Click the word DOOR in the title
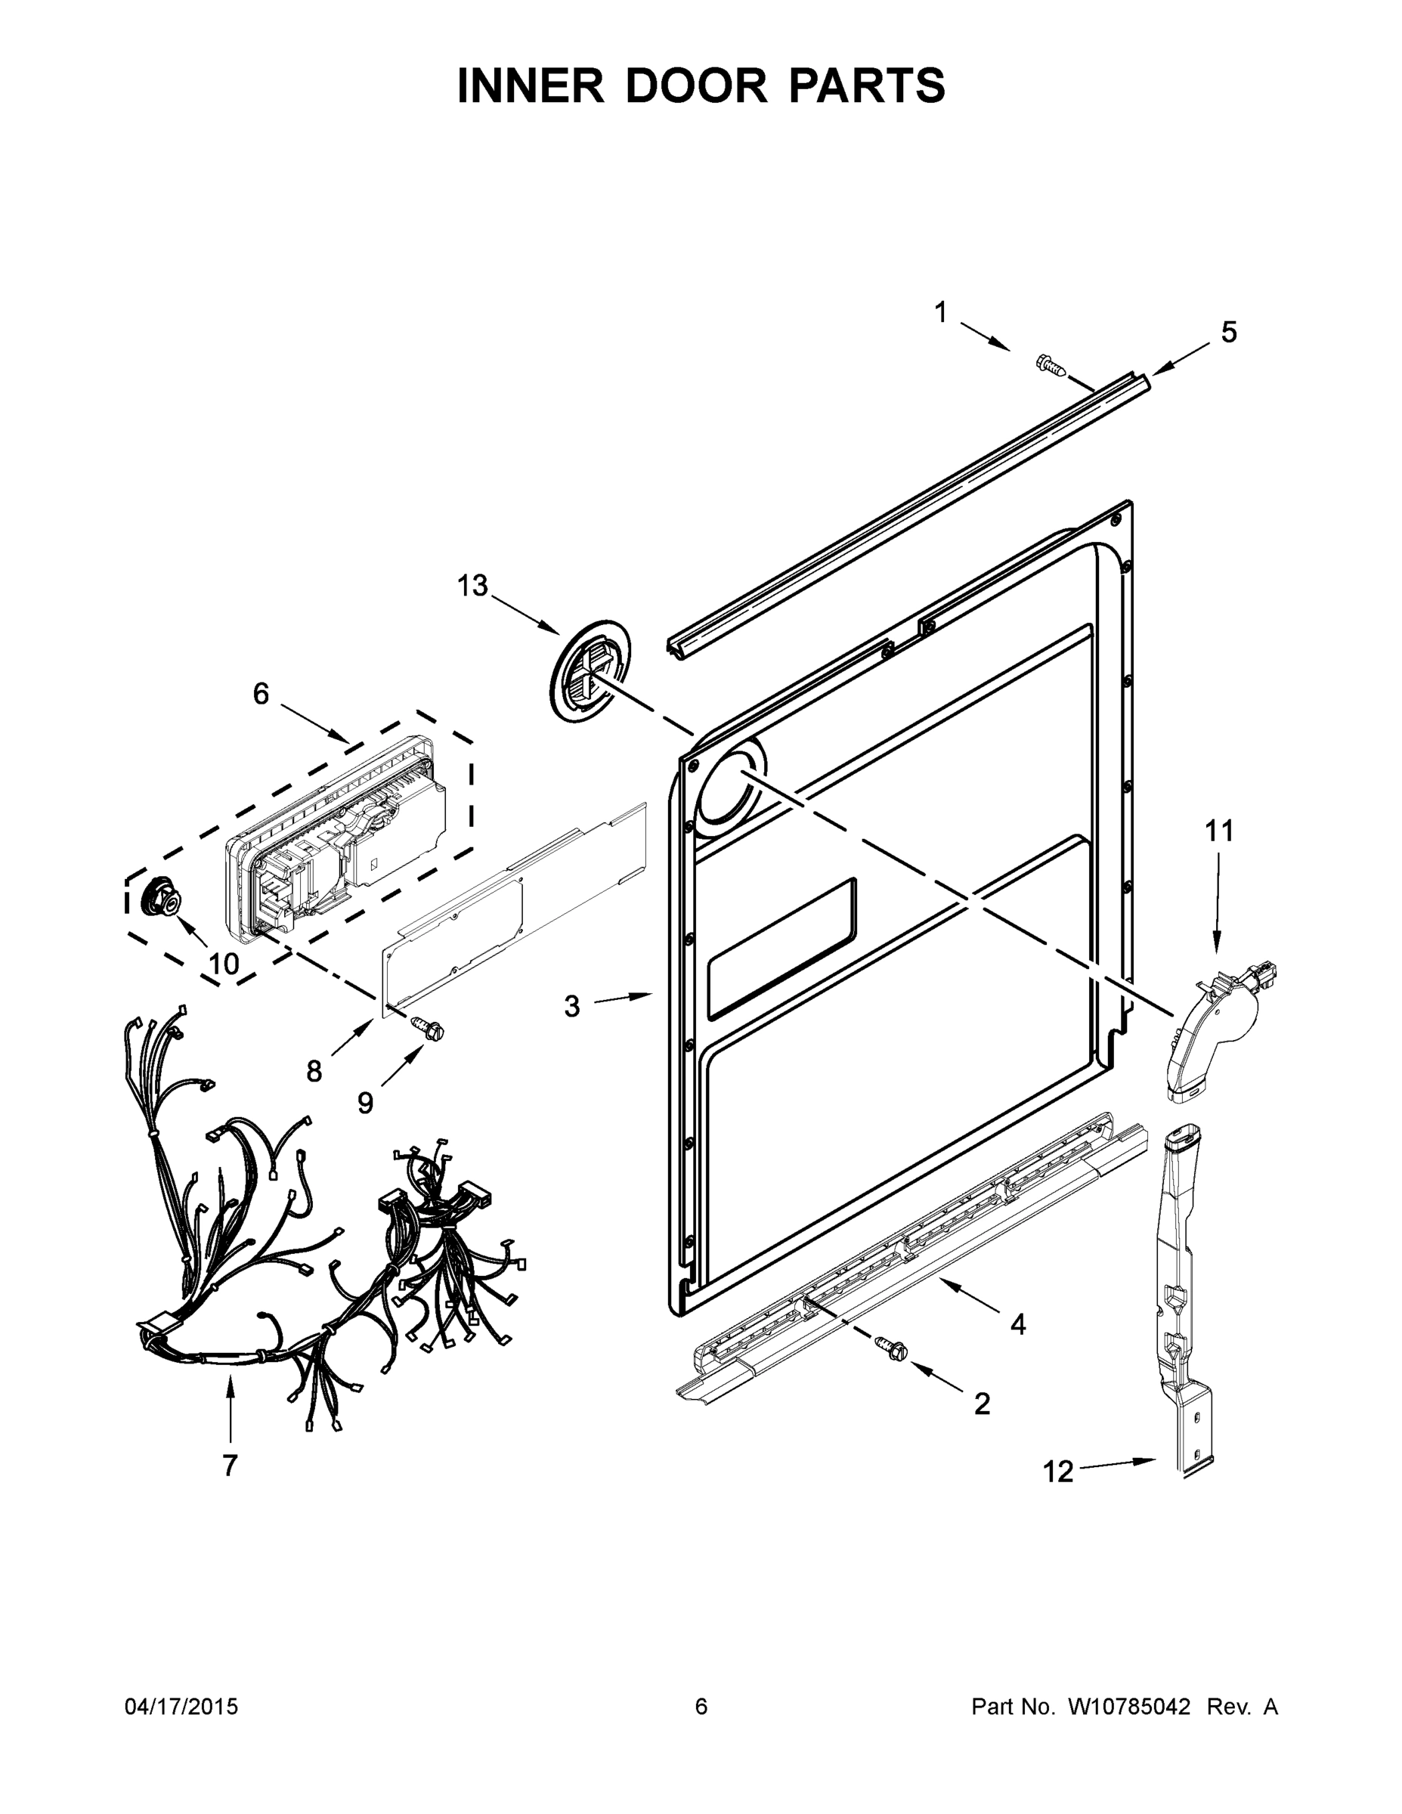(696, 86)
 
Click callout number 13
(472, 587)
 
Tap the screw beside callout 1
(1051, 366)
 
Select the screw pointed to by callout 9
(429, 1028)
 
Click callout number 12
(1058, 1472)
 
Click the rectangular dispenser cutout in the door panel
(781, 948)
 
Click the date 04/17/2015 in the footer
(181, 1707)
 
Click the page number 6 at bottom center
(701, 1707)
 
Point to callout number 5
(1228, 333)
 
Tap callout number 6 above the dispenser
(261, 694)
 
